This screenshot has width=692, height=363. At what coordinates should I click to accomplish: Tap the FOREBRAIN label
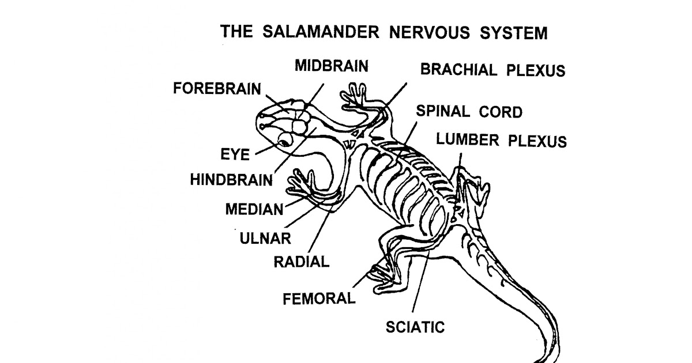coord(217,90)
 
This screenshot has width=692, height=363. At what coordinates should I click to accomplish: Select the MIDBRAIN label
coord(331,65)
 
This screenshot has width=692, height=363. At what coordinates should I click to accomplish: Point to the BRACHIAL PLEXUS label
coord(492,70)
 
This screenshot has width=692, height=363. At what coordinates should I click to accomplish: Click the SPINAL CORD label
coord(469,111)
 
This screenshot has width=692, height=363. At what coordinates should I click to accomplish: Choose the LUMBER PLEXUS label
coord(501,140)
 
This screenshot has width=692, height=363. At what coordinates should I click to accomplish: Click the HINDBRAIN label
coord(231,180)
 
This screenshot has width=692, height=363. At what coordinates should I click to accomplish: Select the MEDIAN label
coord(254,209)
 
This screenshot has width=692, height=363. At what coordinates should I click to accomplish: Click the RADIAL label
coord(301,262)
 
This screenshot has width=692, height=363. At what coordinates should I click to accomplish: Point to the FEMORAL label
coord(318,298)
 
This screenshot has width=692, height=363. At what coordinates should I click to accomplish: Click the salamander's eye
coord(285,139)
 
